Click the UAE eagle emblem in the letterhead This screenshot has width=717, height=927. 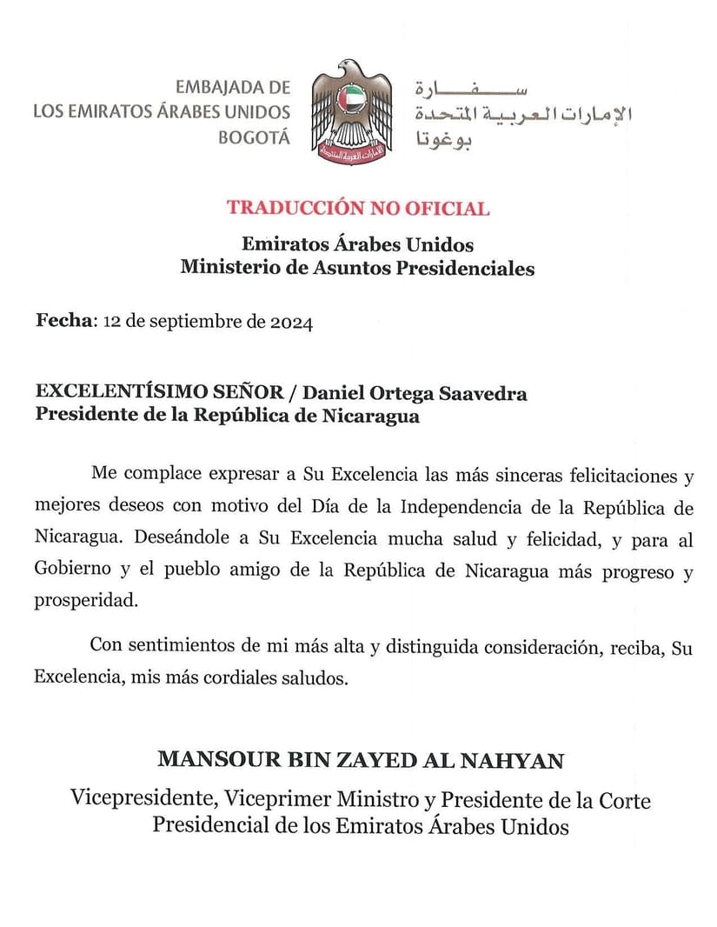coord(352,110)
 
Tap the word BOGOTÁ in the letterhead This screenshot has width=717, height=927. coord(254,137)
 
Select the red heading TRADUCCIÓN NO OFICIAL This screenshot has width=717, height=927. coord(358,209)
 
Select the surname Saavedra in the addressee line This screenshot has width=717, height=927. coord(483,394)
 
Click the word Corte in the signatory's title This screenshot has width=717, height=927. coord(626,798)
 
